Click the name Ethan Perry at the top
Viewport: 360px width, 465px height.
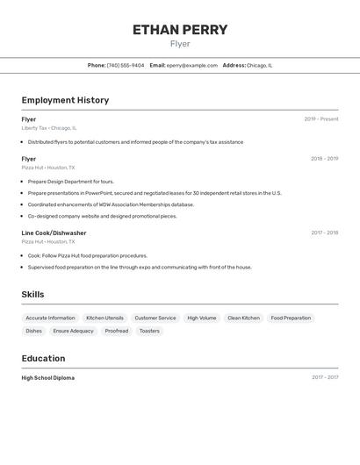point(180,30)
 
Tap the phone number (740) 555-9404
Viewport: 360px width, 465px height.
point(126,65)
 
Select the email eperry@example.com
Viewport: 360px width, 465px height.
point(191,65)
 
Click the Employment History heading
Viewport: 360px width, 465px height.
point(65,100)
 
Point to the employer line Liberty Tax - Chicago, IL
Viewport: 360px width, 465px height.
point(49,128)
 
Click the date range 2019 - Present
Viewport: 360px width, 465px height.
point(321,119)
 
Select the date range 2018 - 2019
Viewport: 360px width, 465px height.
point(324,159)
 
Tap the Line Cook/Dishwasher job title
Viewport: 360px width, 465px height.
point(54,232)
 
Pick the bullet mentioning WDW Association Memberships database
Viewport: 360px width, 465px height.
point(111,204)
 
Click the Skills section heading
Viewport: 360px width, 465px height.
point(32,295)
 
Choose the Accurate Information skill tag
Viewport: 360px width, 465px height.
point(50,318)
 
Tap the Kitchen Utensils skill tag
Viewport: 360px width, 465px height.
point(104,318)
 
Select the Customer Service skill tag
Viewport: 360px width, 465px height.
point(155,318)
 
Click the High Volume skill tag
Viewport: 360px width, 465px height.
point(202,318)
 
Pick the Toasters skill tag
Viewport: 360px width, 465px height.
point(149,331)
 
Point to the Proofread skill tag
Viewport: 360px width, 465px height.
point(117,331)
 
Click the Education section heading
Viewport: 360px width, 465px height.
point(43,358)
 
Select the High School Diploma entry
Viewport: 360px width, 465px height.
point(48,377)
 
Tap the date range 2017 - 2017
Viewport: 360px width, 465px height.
point(325,377)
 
